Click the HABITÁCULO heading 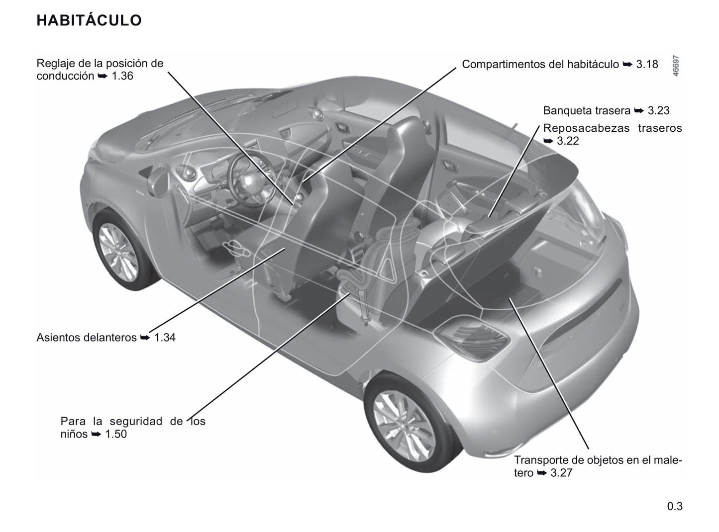[x=89, y=20]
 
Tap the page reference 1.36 [x=122, y=76]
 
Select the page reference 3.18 [x=647, y=64]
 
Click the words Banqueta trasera [x=587, y=110]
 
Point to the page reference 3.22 [x=568, y=141]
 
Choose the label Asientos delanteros [x=86, y=338]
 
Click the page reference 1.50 [x=116, y=434]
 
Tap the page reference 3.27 [x=561, y=473]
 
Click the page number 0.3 [x=675, y=507]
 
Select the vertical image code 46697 [x=675, y=65]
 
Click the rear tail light [x=473, y=338]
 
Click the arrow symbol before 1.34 [x=145, y=338]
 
